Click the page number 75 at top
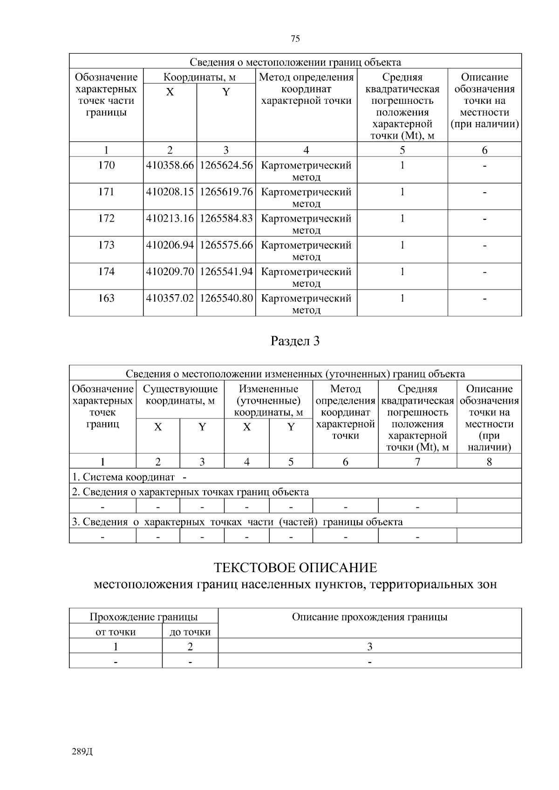[295, 39]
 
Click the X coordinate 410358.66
[170, 165]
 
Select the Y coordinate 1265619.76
[226, 192]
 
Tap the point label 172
[106, 218]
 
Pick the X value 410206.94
[170, 245]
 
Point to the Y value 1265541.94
[226, 271]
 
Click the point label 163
[106, 298]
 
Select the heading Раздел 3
[295, 341]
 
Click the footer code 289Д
[82, 752]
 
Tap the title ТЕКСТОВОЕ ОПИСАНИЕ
[295, 568]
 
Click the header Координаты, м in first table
[199, 77]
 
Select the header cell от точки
[116, 632]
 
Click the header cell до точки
[190, 632]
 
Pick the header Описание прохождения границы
[369, 617]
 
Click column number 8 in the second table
[489, 461]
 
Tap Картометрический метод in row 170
[306, 170]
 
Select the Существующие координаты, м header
[180, 394]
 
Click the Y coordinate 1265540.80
[226, 298]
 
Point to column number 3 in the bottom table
[369, 646]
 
